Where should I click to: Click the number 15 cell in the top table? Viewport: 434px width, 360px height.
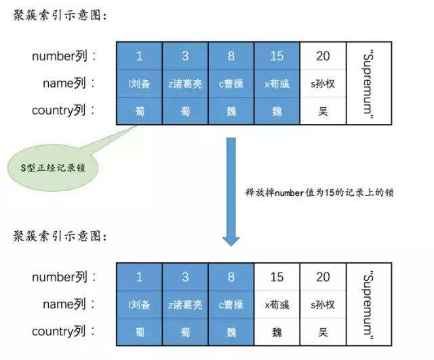click(x=277, y=56)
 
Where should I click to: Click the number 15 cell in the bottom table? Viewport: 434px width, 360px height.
click(x=277, y=277)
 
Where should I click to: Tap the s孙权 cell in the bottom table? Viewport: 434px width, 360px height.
click(x=323, y=305)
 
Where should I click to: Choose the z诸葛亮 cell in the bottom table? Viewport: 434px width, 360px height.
click(x=184, y=305)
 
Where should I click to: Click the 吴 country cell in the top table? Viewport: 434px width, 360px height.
click(x=323, y=111)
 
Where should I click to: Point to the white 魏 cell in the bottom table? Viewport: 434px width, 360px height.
click(x=277, y=333)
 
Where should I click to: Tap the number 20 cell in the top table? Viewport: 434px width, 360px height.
click(x=323, y=56)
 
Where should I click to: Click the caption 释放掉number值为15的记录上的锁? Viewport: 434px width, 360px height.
click(x=319, y=192)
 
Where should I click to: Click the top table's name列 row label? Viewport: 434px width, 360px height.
click(x=73, y=83)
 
